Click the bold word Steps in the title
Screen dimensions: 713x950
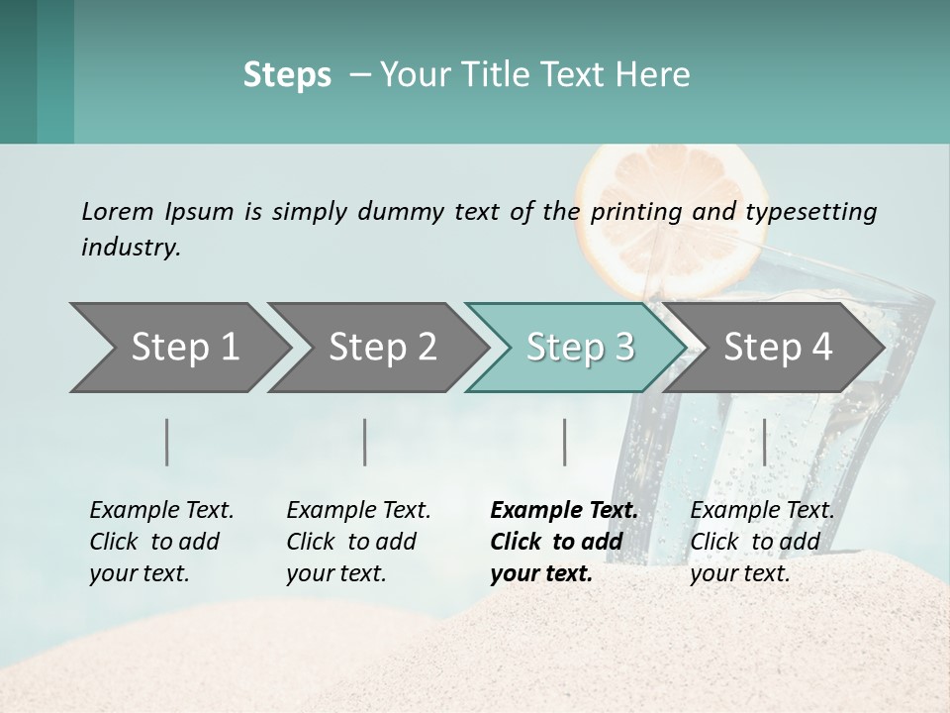(x=287, y=75)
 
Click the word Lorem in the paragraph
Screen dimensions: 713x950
(x=118, y=212)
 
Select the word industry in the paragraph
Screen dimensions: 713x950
(x=130, y=248)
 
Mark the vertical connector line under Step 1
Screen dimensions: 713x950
(x=167, y=442)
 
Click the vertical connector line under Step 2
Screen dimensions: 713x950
(x=365, y=442)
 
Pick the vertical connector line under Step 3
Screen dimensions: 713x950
(x=565, y=442)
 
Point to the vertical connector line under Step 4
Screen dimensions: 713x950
(x=764, y=442)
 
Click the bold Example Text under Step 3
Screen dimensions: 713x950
(x=564, y=511)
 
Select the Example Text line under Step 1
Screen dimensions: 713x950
(x=161, y=511)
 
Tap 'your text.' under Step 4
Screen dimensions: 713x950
(x=740, y=574)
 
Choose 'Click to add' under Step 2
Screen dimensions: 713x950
(x=351, y=543)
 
